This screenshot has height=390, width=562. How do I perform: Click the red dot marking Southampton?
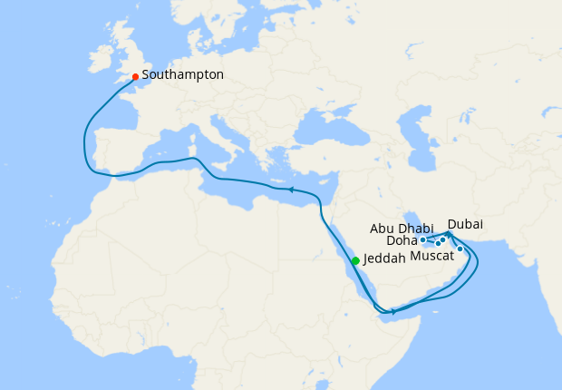135,77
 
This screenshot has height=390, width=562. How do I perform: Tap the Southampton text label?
182,75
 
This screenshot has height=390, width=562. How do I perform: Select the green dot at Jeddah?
355,261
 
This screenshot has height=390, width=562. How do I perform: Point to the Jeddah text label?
385,258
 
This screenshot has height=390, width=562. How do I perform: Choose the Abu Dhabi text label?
402,229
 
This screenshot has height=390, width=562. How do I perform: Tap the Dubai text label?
465,223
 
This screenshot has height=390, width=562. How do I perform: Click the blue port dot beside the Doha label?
423,240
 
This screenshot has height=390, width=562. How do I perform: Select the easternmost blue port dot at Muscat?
460,249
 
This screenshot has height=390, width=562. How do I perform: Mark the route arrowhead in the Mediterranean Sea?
290,190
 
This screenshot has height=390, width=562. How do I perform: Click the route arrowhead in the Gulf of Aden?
392,311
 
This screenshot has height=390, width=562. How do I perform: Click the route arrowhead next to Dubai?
450,233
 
